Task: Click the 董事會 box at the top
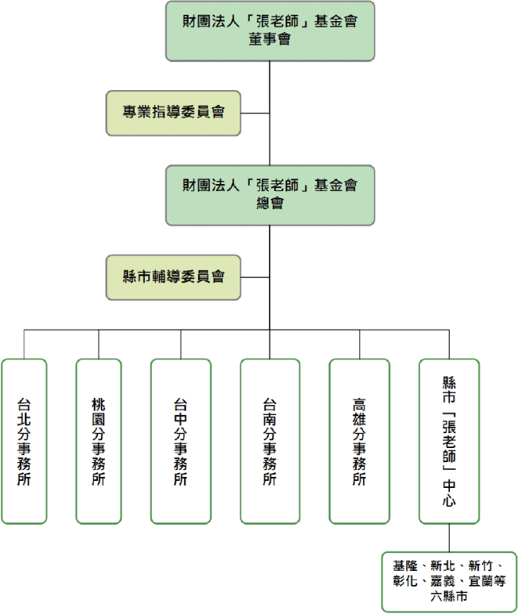[x=270, y=31]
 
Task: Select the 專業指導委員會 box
[x=174, y=113]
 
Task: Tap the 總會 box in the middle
[x=270, y=195]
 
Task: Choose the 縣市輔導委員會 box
[x=174, y=276]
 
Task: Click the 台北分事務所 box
[x=23, y=441]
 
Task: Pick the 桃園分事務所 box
[x=99, y=441]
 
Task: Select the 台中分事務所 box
[x=181, y=441]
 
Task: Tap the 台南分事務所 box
[x=270, y=441]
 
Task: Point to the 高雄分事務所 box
[x=359, y=441]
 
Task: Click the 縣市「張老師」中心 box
[x=449, y=441]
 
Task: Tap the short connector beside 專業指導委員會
[x=255, y=113]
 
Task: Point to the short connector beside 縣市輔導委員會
[x=255, y=276]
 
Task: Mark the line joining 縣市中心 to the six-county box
[x=449, y=538]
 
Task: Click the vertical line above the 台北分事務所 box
[x=23, y=345]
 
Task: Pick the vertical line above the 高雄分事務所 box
[x=359, y=345]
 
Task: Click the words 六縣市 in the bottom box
[x=449, y=598]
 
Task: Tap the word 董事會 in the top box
[x=270, y=39]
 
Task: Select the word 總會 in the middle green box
[x=270, y=203]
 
